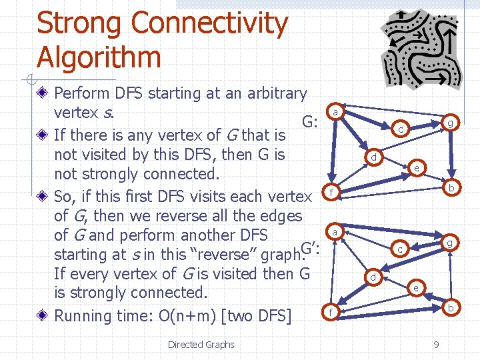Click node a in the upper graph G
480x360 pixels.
coord(337,111)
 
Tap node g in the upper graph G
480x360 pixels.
coord(451,123)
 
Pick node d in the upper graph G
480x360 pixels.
coord(375,157)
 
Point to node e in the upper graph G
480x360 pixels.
coord(417,168)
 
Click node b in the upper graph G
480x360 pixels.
coord(451,188)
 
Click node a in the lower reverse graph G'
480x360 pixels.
coord(335,231)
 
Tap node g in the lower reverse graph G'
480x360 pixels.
coord(451,243)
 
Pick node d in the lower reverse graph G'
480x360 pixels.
coord(374,277)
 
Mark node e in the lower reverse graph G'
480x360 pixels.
coord(416,288)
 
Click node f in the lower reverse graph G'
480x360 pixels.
coord(327,312)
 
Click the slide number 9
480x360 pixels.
coord(436,345)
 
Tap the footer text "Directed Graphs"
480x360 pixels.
coord(201,345)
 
